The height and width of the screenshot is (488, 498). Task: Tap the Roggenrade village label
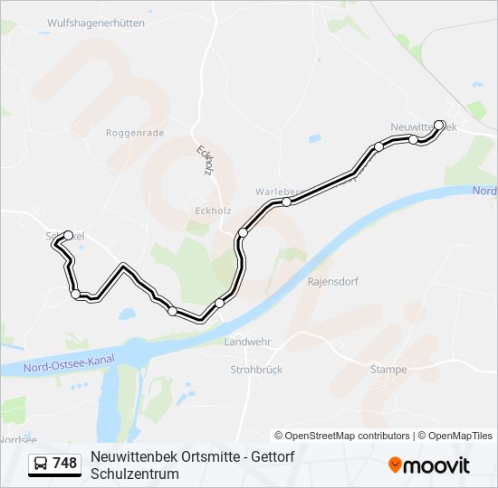click(x=135, y=132)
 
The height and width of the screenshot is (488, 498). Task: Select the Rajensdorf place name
click(x=333, y=281)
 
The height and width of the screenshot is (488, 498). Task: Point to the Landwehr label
click(x=247, y=343)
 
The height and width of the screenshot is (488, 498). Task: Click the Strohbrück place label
click(x=256, y=370)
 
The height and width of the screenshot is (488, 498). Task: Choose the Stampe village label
click(x=388, y=369)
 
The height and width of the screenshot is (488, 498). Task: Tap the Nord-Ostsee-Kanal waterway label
click(x=71, y=361)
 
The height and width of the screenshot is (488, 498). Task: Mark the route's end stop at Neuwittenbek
click(x=439, y=125)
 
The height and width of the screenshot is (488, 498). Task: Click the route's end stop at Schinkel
click(x=68, y=236)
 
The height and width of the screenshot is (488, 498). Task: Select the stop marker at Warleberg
click(x=286, y=202)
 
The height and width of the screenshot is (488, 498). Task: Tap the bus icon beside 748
click(x=41, y=464)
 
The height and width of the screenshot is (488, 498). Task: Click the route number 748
click(x=64, y=464)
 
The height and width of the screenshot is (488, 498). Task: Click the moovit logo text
click(x=437, y=465)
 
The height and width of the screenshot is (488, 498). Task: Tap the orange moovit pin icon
click(x=395, y=465)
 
